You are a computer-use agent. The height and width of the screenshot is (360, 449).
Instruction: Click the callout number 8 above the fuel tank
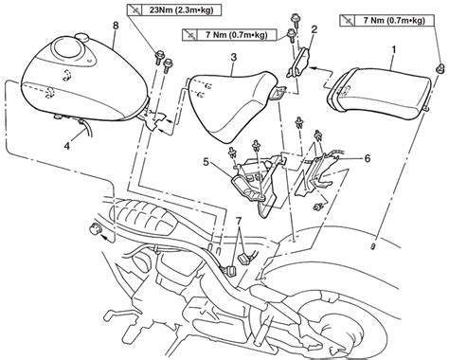(116, 26)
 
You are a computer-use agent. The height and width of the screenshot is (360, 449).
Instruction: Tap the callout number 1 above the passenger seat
(394, 49)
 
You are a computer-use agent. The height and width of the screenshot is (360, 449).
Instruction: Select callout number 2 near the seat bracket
(314, 29)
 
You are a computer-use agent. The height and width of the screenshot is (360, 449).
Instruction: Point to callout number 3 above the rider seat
(233, 58)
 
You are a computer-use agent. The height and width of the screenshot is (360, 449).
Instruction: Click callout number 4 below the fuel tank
(66, 146)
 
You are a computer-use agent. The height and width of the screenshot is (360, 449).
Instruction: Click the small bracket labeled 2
(299, 63)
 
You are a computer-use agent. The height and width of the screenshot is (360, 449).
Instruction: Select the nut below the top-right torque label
(440, 68)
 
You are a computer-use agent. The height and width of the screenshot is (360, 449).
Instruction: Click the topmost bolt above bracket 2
(296, 19)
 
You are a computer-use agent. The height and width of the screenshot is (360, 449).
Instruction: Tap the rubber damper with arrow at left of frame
(95, 228)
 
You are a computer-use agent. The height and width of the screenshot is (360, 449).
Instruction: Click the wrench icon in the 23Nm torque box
(136, 10)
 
